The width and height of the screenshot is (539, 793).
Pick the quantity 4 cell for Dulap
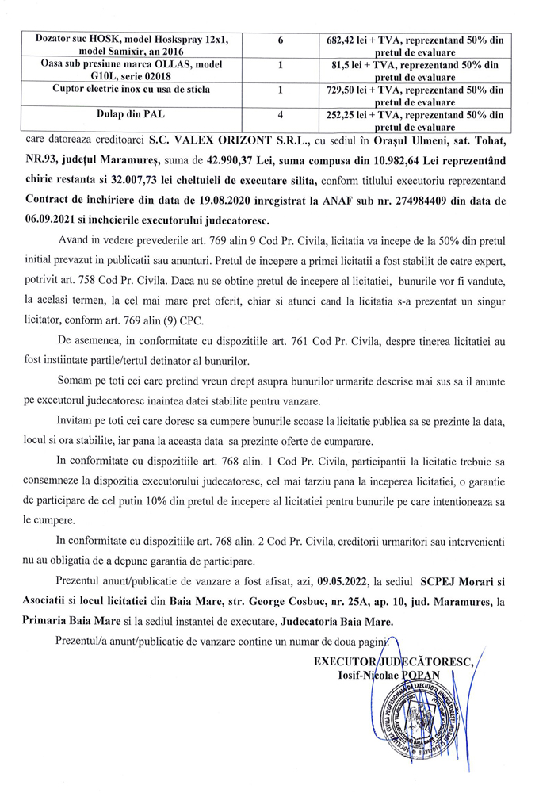[281, 114]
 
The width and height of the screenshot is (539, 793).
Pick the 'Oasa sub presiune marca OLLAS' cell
[132, 64]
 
